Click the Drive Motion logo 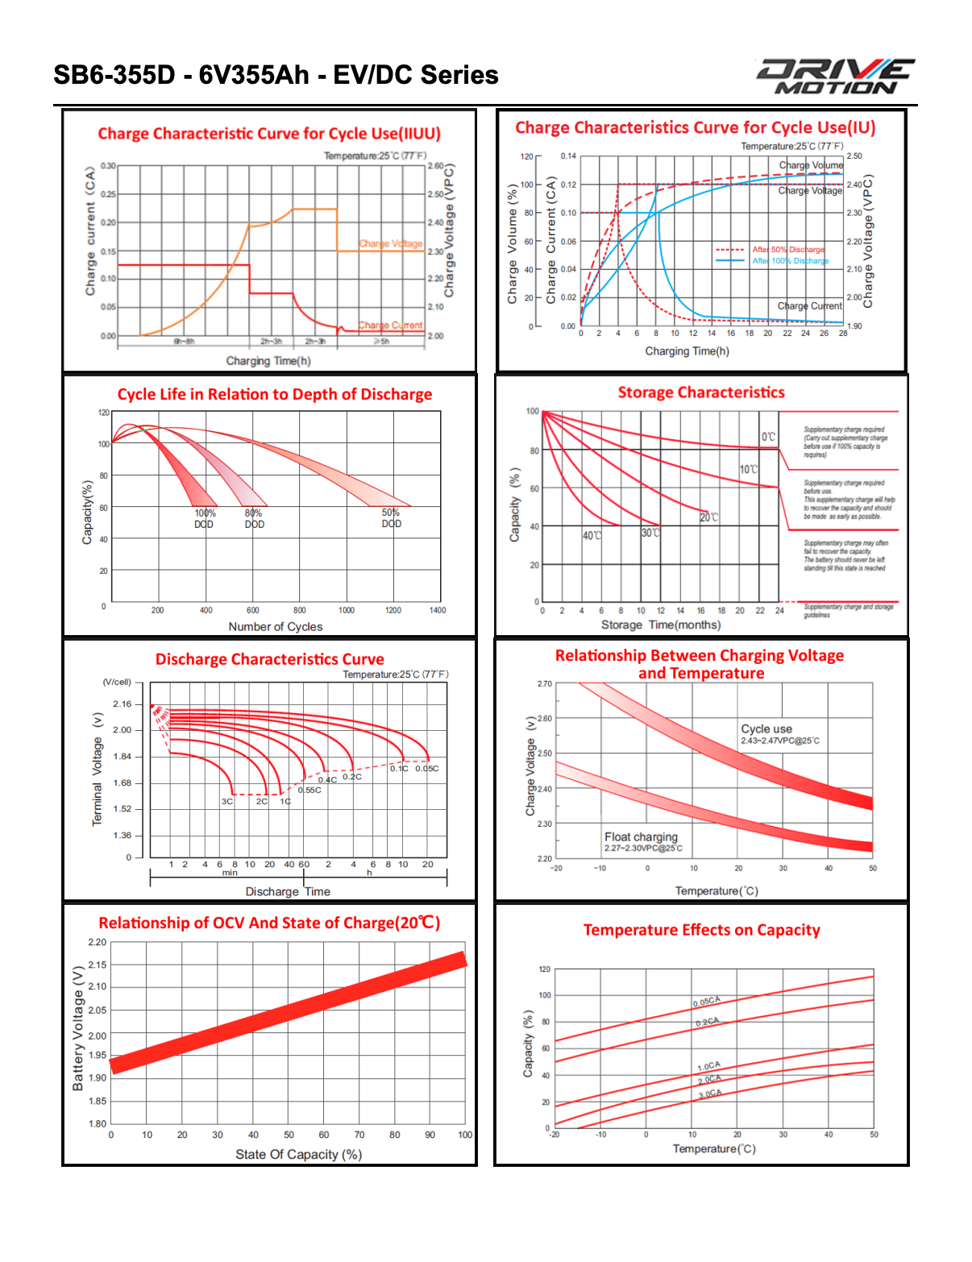click(x=835, y=77)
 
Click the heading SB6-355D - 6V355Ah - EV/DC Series click(x=276, y=75)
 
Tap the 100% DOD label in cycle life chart click(x=205, y=518)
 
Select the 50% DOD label click(x=391, y=518)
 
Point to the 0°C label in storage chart click(x=768, y=437)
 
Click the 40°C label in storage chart click(x=592, y=536)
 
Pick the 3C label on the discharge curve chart click(x=227, y=801)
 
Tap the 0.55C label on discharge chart click(x=309, y=790)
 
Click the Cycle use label click(x=766, y=729)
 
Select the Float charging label click(x=642, y=836)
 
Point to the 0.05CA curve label click(x=707, y=1002)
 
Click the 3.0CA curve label click(x=710, y=1094)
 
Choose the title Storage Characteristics click(x=701, y=392)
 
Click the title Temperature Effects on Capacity click(x=701, y=930)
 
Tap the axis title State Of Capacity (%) click(x=298, y=1154)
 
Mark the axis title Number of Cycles click(x=276, y=626)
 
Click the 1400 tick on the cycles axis click(x=438, y=610)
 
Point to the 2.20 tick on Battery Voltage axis click(x=97, y=942)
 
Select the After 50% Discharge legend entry click(x=787, y=250)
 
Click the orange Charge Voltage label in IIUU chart click(x=391, y=243)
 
